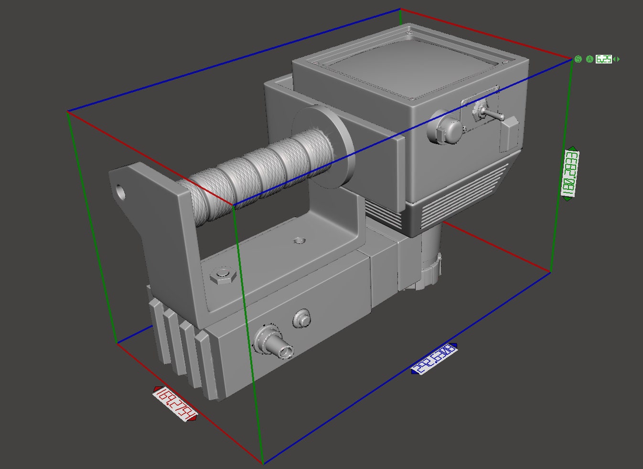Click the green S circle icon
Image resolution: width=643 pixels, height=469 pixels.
click(578, 59)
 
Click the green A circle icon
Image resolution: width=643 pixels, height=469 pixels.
click(589, 59)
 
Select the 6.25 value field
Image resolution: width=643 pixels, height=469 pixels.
click(604, 59)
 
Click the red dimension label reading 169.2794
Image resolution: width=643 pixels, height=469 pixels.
click(175, 404)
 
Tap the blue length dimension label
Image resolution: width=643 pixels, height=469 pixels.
click(434, 358)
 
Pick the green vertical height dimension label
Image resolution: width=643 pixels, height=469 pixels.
click(569, 174)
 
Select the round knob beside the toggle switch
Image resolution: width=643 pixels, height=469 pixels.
click(447, 127)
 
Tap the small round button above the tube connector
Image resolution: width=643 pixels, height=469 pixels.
click(301, 317)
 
